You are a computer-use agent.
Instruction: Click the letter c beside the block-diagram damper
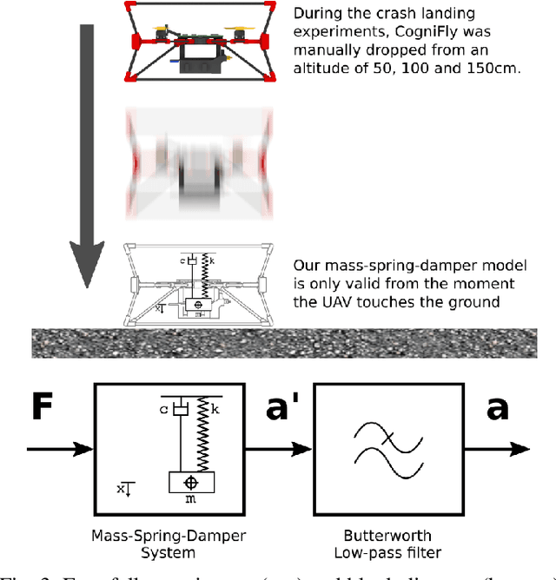[x=165, y=406]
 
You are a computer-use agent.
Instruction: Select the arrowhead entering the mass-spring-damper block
[x=86, y=449]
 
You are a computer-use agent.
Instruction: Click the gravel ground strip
[x=278, y=343]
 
